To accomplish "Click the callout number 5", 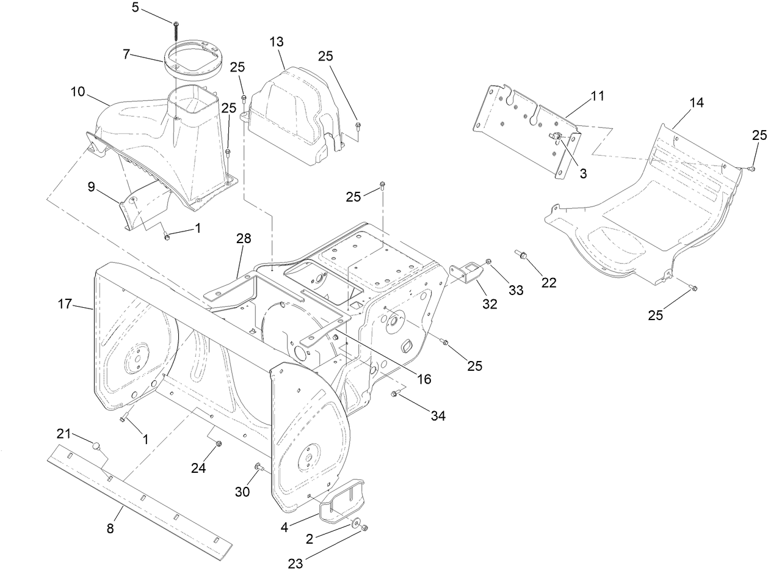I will (x=136, y=7).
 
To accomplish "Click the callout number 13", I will (x=277, y=42).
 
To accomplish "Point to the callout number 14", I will (x=697, y=103).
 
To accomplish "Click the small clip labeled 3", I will (x=557, y=137).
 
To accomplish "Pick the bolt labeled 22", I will (x=521, y=255).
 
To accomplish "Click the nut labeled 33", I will (x=488, y=263).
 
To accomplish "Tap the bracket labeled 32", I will (x=465, y=274).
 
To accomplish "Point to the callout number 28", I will (x=244, y=238).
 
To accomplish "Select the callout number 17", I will (x=65, y=304).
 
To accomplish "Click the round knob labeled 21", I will (x=96, y=446).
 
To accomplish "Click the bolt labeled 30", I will (x=258, y=468).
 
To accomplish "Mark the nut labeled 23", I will (x=364, y=528).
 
